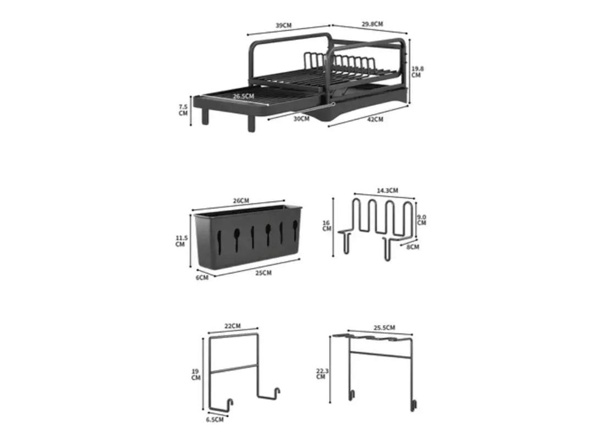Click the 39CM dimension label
click(283, 25)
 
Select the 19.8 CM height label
click(416, 72)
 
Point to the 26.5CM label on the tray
click(243, 96)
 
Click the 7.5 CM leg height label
click(183, 110)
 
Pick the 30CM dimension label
click(301, 118)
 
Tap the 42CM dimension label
click(375, 119)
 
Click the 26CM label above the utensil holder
click(241, 200)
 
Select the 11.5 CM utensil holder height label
click(181, 241)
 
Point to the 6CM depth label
click(202, 278)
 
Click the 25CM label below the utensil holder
click(263, 273)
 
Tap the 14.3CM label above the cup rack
click(387, 191)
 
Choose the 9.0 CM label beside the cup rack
click(421, 220)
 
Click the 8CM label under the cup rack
click(413, 247)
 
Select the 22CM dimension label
click(233, 326)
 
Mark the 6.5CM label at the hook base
click(215, 420)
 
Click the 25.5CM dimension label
click(384, 328)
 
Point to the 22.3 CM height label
click(322, 373)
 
